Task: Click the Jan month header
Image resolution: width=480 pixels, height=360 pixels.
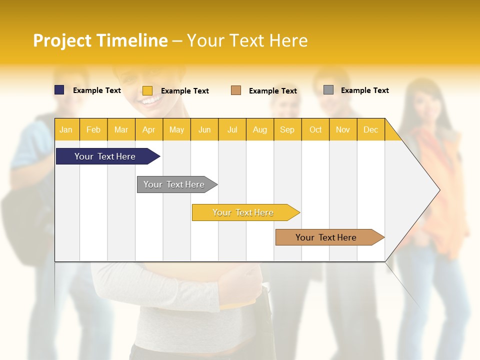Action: tap(66, 129)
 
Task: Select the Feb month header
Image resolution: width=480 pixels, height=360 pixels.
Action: tap(93, 129)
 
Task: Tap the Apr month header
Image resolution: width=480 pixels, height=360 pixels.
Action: tap(148, 129)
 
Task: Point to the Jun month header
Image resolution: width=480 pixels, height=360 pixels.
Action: tap(204, 129)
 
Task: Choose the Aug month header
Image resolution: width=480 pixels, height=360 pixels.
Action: tap(259, 129)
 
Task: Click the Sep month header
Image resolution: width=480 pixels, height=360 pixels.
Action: tap(287, 129)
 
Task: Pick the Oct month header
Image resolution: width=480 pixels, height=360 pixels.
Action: tap(315, 129)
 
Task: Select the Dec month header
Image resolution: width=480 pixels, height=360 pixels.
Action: tap(370, 129)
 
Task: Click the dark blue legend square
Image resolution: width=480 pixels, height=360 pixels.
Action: tap(59, 90)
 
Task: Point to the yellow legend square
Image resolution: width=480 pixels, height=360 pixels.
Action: tap(147, 90)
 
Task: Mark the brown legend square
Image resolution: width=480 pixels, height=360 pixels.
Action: tap(236, 90)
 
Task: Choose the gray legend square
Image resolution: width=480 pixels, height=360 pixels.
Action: tap(328, 90)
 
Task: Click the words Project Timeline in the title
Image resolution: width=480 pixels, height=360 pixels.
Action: tap(100, 40)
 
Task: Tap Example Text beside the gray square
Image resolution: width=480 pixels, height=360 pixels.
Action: tap(364, 90)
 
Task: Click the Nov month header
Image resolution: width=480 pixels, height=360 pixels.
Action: tap(343, 129)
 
